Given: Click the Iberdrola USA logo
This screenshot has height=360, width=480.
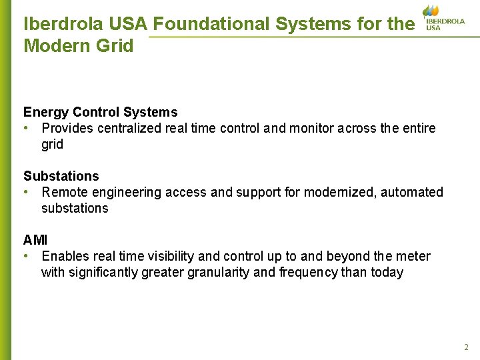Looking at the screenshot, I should click(x=443, y=18).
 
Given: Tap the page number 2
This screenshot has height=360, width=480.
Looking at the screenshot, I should click(x=466, y=347).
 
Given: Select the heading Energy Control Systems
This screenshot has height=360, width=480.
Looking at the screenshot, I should click(x=101, y=112).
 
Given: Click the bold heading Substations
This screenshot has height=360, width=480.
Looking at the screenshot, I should click(x=61, y=176).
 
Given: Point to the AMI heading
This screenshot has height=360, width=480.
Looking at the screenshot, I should click(x=35, y=240).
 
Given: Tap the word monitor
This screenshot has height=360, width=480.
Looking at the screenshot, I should click(x=311, y=128).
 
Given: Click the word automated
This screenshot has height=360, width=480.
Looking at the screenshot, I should click(x=413, y=192).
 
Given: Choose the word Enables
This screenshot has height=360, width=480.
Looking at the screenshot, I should click(x=65, y=256).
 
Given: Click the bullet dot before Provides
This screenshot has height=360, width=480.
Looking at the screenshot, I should click(x=25, y=128).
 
